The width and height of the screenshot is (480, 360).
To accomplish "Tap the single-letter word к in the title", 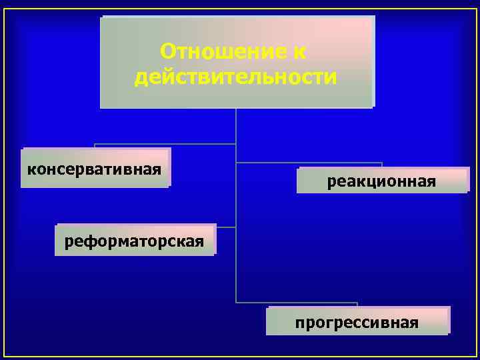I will click(x=299, y=51).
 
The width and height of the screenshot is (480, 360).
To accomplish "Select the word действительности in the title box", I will click(x=236, y=77).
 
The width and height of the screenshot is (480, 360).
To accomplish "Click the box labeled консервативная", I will click(x=95, y=167).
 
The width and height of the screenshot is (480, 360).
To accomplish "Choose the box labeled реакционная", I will click(x=382, y=181).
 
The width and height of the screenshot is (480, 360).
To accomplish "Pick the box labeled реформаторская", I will click(x=136, y=239).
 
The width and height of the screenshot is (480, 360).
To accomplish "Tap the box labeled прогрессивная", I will click(x=357, y=323).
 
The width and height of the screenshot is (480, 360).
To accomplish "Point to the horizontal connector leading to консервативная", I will click(x=165, y=144).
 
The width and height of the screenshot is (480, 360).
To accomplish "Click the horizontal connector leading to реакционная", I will click(x=309, y=163).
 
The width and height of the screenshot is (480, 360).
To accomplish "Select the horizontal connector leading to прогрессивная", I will click(x=297, y=303).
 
